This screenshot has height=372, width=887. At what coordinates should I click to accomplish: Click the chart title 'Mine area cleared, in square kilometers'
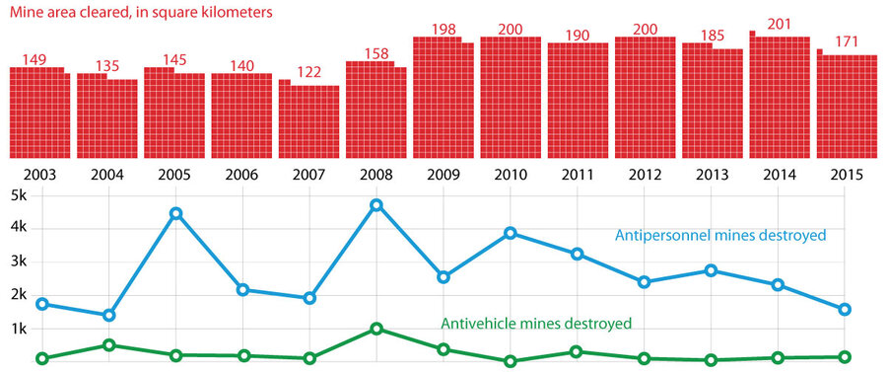[x=141, y=15]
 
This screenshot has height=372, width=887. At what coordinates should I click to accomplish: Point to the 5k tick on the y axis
[x=18, y=194]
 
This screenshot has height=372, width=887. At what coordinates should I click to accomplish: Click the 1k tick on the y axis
[x=18, y=329]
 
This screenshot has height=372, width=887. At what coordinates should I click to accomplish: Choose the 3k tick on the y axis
[x=18, y=261]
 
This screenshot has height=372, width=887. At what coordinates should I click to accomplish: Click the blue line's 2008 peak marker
[x=376, y=205]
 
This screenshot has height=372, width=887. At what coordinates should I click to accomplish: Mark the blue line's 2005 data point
[x=175, y=213]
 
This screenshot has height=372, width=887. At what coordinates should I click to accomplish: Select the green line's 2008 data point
[x=376, y=329]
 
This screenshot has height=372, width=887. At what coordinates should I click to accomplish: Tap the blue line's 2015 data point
[x=846, y=309]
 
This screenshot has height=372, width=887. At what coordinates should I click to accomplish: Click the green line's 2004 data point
[x=108, y=345]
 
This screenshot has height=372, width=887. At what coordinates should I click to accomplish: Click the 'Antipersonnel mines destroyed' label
[x=719, y=236]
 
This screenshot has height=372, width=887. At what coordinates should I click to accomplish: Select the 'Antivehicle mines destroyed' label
[x=535, y=323]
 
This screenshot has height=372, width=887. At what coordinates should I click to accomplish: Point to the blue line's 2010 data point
[x=511, y=233]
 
